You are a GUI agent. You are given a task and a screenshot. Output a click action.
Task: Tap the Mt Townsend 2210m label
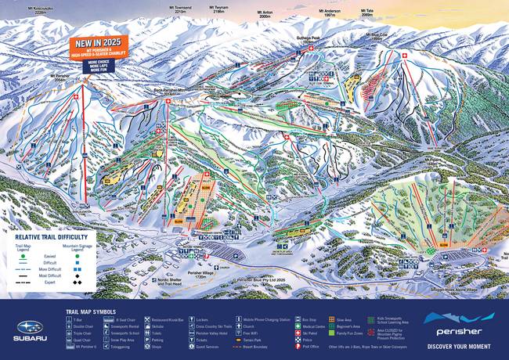pos(182,9)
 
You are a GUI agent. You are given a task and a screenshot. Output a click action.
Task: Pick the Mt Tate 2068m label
pos(367,13)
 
